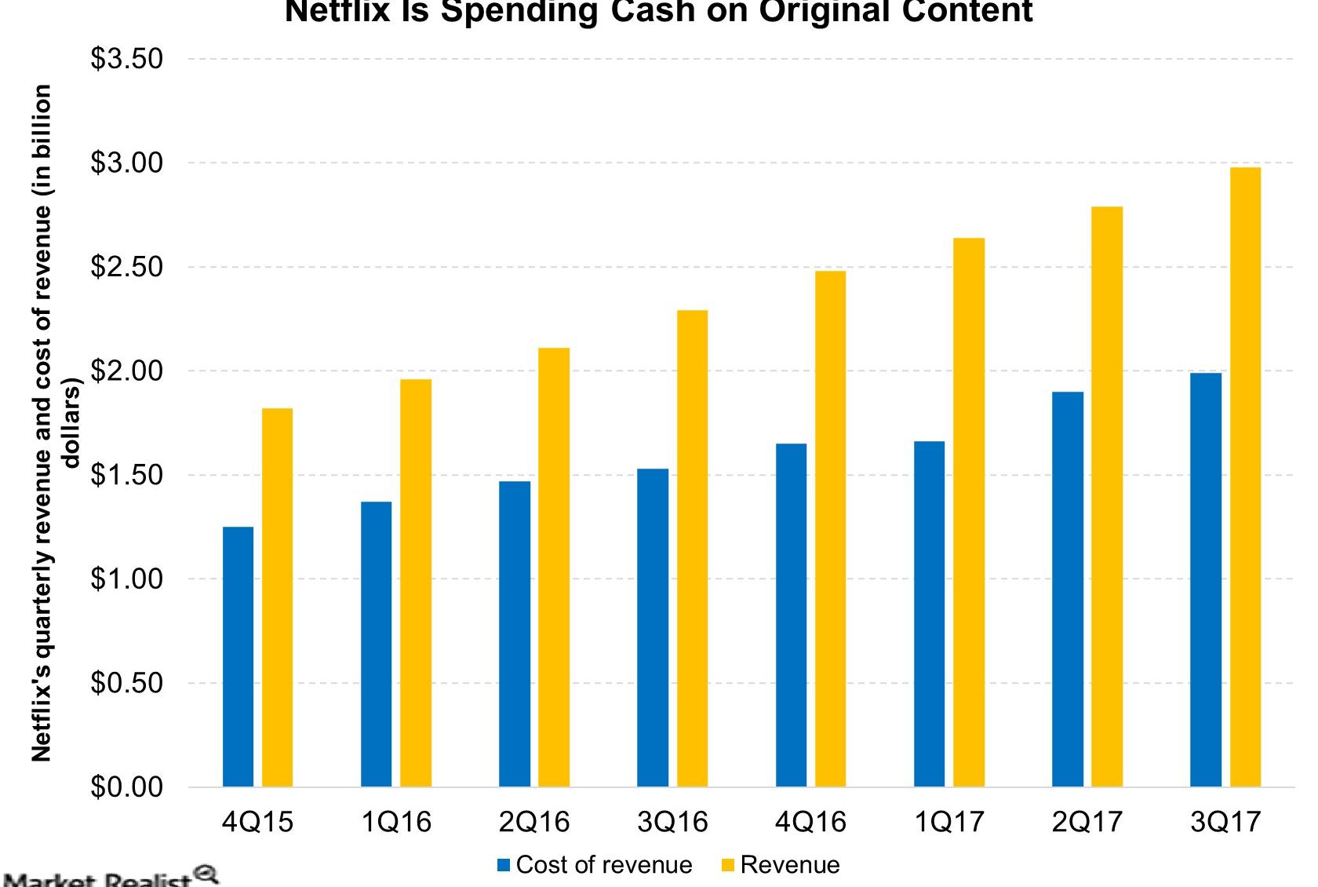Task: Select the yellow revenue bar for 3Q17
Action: point(1245,477)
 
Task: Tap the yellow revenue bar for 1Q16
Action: point(416,582)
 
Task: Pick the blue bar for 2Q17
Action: point(1068,589)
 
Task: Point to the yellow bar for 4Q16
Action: point(830,528)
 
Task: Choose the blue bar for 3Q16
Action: point(653,627)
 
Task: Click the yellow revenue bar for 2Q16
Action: point(554,567)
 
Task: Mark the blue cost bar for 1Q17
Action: point(929,614)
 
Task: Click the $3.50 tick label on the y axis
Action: point(126,59)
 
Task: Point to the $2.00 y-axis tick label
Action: point(126,370)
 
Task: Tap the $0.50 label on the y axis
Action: point(126,683)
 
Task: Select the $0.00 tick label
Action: point(126,787)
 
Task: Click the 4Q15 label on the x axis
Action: point(257,822)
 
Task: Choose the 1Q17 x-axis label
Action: point(948,822)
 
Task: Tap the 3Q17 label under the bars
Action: point(1225,822)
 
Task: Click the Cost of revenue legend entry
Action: point(603,865)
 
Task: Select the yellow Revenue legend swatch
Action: point(727,865)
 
